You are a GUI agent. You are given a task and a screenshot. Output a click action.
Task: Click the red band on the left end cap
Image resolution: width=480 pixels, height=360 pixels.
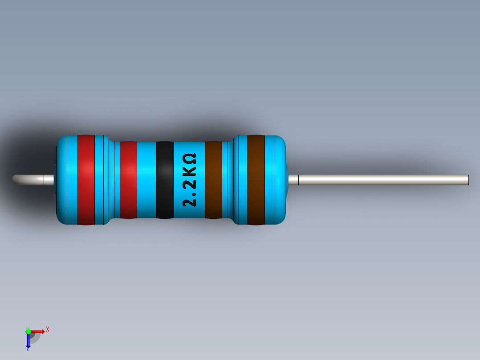pyautogui.click(x=86, y=180)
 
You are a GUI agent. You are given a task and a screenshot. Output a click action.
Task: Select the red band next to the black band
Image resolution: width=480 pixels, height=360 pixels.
pyautogui.click(x=128, y=180)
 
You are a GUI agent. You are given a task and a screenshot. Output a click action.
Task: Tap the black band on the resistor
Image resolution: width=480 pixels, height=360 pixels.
pyautogui.click(x=164, y=180)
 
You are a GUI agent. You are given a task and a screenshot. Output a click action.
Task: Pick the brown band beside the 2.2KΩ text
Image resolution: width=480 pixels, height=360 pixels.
pyautogui.click(x=213, y=180)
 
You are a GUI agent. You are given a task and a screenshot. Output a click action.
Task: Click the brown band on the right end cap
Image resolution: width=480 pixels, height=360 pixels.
pyautogui.click(x=256, y=180)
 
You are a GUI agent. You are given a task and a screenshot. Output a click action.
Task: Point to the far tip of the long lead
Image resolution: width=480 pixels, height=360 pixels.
pyautogui.click(x=468, y=180)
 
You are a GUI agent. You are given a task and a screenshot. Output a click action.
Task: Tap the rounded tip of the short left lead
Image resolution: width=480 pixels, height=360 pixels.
pyautogui.click(x=15, y=179)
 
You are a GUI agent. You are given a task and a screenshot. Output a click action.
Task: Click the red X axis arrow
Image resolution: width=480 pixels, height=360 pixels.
pyautogui.click(x=38, y=331)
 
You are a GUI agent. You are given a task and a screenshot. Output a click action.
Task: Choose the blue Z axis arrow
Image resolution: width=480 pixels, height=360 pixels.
pyautogui.click(x=28, y=341)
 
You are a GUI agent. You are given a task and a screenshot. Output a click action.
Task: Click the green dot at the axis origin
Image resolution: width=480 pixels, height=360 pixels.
pyautogui.click(x=28, y=331)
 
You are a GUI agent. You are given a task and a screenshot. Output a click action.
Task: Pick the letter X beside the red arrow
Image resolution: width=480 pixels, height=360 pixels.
pyautogui.click(x=47, y=330)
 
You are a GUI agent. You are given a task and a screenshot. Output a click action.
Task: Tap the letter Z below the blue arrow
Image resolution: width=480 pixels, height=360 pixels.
pyautogui.click(x=28, y=350)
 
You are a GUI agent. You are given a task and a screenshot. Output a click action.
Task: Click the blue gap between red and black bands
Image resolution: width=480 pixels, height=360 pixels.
pyautogui.click(x=146, y=180)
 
